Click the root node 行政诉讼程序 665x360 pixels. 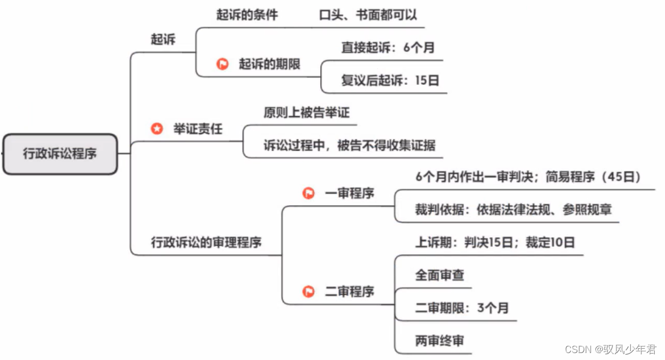pos(60,154)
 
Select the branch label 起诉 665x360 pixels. pos(163,40)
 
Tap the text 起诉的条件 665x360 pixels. pos(247,14)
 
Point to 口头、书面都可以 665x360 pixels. pos(368,14)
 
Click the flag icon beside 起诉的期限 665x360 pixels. pos(222,64)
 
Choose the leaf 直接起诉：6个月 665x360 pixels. pos(388,47)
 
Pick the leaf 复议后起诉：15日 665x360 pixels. pos(390,80)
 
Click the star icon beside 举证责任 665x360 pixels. pos(156,129)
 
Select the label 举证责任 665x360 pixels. pos(198,129)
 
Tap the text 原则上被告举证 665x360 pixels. pos(306,112)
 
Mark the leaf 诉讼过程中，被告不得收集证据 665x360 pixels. pos(349,145)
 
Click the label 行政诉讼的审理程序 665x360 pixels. pos(206,242)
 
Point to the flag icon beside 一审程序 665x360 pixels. pos(308,193)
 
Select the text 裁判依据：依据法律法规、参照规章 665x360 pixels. pos(513,209)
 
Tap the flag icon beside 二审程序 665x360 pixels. pos(308,292)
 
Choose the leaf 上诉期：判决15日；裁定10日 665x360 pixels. pos(495,242)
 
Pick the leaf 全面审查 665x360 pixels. pos(440,275)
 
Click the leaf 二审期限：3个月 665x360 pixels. pos(462,308)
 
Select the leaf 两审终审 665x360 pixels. pos(440,341)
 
